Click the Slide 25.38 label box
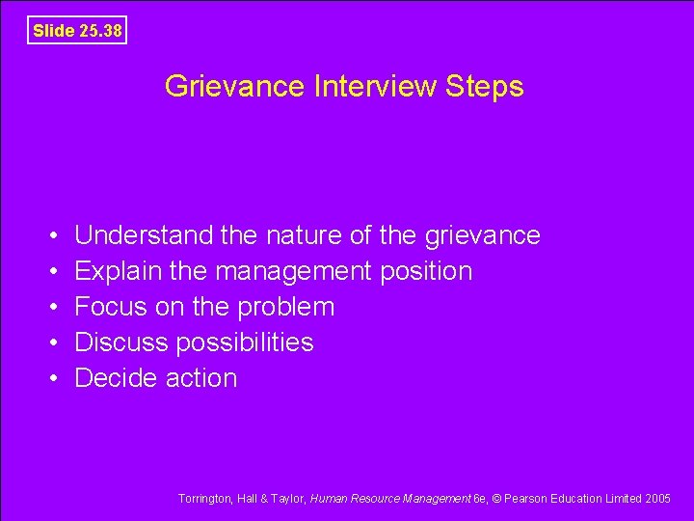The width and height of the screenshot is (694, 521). click(77, 31)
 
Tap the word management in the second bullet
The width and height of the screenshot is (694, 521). click(291, 272)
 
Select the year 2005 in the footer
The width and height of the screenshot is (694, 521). click(657, 499)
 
